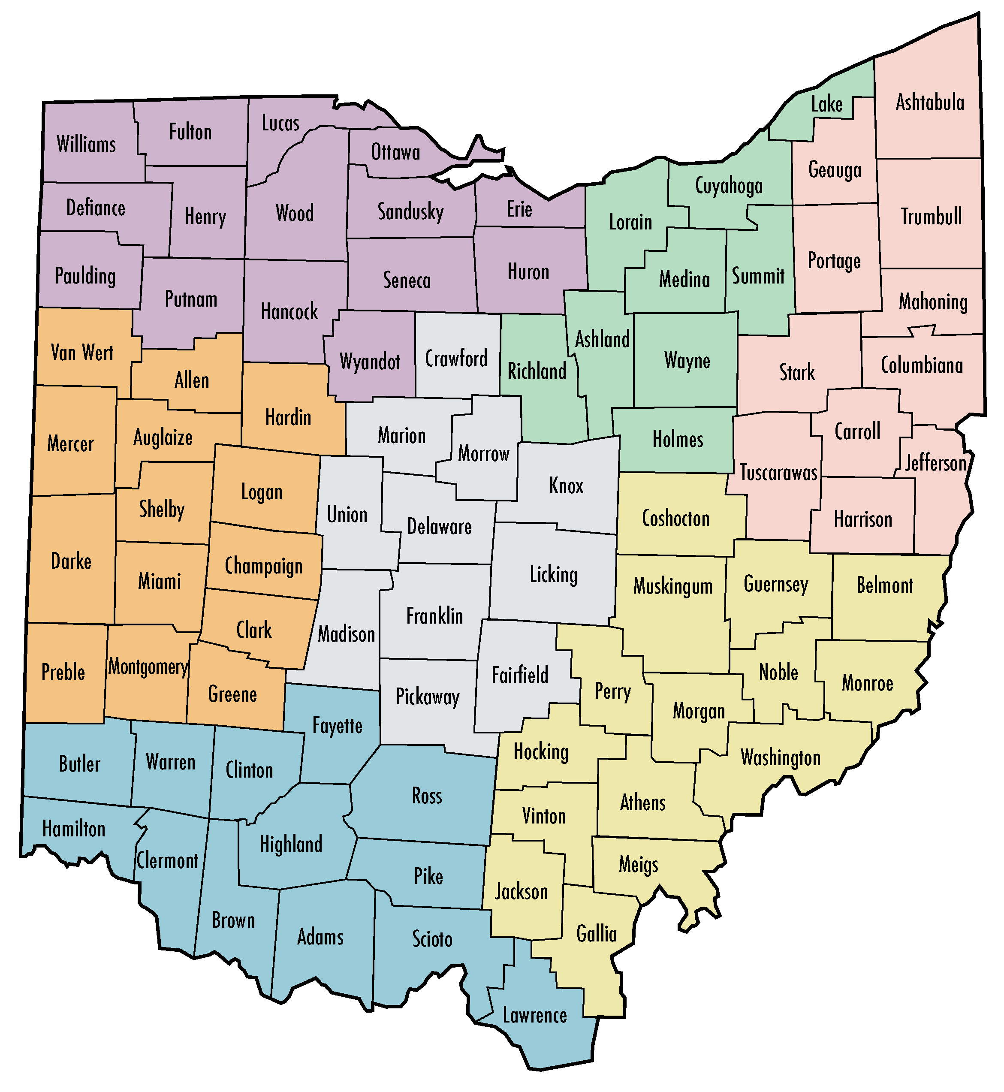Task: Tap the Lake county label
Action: tap(826, 104)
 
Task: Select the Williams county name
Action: tap(86, 145)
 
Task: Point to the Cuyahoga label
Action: tap(729, 186)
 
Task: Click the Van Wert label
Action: tap(82, 353)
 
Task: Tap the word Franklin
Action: tap(434, 616)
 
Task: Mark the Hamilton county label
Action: tap(74, 829)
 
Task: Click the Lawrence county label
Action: tap(535, 1015)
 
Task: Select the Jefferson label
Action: tap(935, 463)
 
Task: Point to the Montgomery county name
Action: tap(148, 667)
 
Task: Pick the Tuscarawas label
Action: tap(778, 473)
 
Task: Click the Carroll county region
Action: tap(857, 432)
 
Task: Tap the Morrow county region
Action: tap(483, 454)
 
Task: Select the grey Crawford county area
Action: tap(456, 359)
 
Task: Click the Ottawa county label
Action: tap(395, 153)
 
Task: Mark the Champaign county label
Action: tap(263, 567)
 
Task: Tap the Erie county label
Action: tap(519, 210)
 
